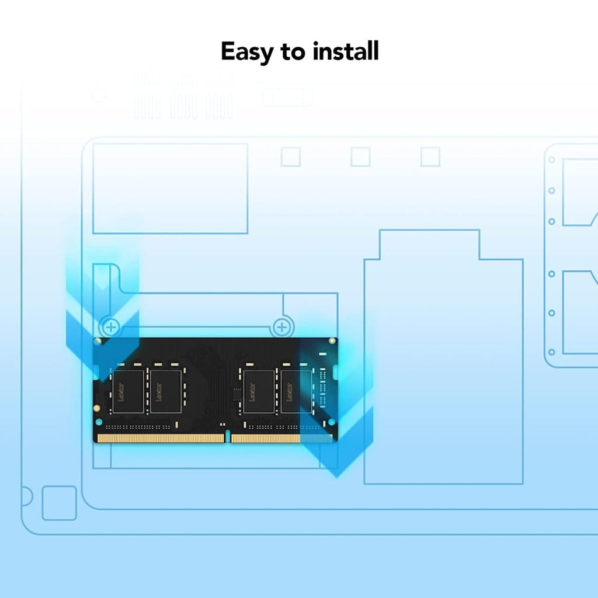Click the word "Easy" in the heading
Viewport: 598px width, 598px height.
click(x=248, y=53)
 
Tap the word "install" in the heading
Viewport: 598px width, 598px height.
click(x=346, y=51)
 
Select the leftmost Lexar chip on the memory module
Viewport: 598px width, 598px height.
click(x=128, y=391)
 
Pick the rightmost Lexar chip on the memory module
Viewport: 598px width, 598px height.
click(x=295, y=392)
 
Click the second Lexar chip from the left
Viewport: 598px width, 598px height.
click(x=166, y=391)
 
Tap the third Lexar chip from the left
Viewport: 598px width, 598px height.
click(x=259, y=392)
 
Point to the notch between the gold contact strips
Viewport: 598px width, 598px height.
click(x=228, y=437)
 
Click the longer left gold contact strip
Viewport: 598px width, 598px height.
click(x=161, y=438)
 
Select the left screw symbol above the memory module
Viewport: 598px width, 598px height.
click(x=110, y=326)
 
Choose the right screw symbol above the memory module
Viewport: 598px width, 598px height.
click(x=282, y=326)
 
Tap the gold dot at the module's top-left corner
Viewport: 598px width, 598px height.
click(x=98, y=340)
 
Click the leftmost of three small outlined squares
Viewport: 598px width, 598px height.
click(x=291, y=157)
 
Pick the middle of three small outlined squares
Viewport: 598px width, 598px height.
click(x=360, y=157)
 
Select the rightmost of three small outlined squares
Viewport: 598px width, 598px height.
click(x=430, y=157)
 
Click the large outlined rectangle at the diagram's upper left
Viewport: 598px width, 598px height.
click(x=170, y=188)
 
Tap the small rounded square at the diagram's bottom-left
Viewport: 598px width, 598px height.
click(x=59, y=503)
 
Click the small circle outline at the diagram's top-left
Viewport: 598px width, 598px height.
click(x=99, y=95)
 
